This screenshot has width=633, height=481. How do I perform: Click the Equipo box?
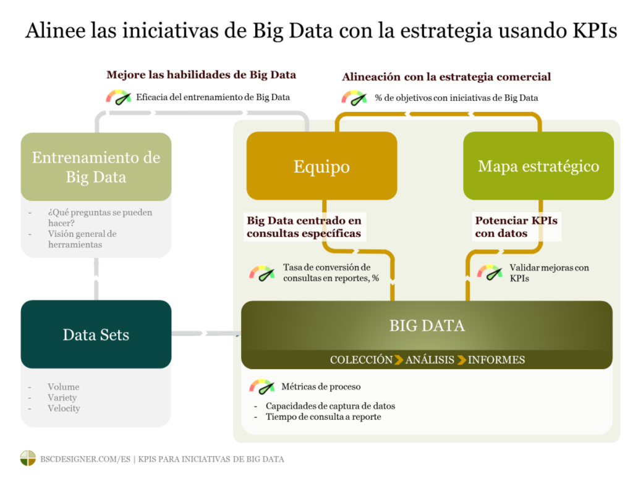click(321, 166)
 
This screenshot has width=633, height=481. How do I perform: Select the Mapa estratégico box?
click(538, 166)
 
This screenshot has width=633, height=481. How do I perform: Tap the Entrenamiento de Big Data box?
click(96, 167)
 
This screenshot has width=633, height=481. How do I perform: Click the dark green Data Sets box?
click(96, 334)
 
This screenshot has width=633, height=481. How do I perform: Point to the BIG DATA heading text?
click(427, 326)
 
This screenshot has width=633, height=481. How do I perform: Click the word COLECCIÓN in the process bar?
click(361, 360)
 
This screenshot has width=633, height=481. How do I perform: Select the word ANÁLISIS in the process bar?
click(430, 360)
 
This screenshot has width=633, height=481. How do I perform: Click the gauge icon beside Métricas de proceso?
click(261, 387)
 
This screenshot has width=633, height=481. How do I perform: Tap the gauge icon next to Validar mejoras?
click(490, 272)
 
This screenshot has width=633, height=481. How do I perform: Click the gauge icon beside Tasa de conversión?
click(261, 273)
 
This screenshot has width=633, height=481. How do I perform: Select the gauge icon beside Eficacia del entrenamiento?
click(119, 97)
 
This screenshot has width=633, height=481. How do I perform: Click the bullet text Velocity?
click(64, 409)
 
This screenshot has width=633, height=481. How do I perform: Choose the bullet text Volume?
click(64, 387)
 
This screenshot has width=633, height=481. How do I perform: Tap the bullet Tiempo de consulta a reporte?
click(323, 417)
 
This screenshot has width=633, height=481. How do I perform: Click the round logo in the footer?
click(28, 459)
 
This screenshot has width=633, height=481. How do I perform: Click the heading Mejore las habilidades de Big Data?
click(201, 75)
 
